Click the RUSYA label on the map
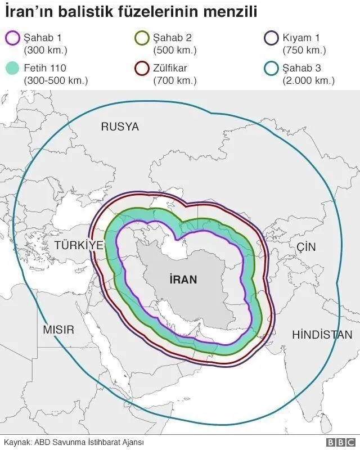click(x=120, y=127)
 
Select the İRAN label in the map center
click(x=183, y=279)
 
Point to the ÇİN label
click(x=306, y=247)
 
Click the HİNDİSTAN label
click(x=322, y=335)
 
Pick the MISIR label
click(x=58, y=330)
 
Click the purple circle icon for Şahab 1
click(x=12, y=39)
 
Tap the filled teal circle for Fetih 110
click(x=12, y=70)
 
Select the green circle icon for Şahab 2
click(x=142, y=39)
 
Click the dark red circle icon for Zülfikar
click(x=142, y=70)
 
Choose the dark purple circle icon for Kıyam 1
click(x=272, y=39)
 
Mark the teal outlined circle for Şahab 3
click(x=272, y=70)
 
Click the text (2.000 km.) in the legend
click(x=309, y=80)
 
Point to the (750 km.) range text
click(x=304, y=50)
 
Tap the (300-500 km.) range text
click(x=56, y=80)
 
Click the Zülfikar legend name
click(x=170, y=69)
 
